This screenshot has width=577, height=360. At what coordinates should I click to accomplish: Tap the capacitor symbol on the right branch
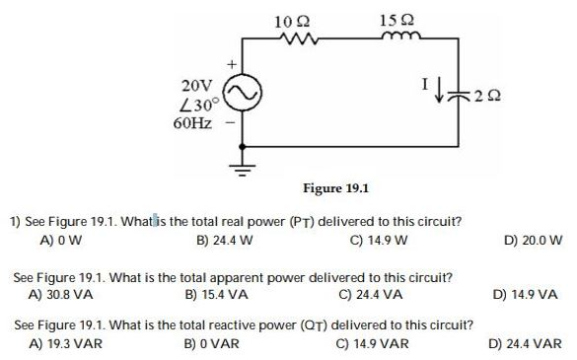[x=460, y=95]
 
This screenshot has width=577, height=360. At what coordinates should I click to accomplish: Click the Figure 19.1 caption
[x=335, y=188]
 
